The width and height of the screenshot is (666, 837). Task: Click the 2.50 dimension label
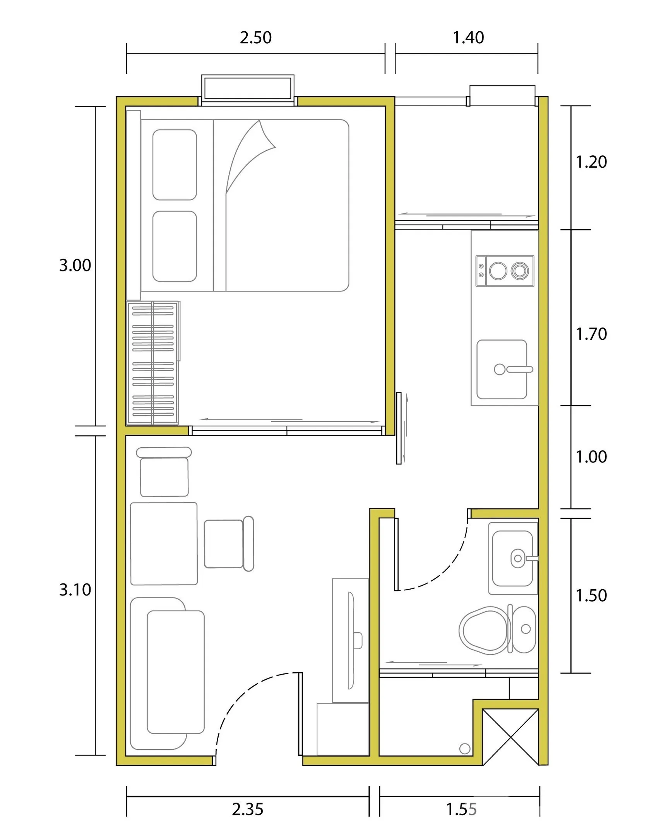click(x=255, y=38)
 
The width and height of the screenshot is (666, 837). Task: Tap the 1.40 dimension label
click(x=468, y=38)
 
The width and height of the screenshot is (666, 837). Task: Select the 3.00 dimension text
click(x=75, y=265)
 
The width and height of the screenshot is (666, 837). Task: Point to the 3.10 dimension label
click(x=75, y=590)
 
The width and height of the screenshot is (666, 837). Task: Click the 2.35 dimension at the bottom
click(x=248, y=810)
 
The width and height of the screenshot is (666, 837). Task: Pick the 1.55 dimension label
click(x=461, y=810)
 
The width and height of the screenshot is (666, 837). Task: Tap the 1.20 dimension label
click(x=591, y=162)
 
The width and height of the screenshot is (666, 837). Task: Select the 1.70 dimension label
click(x=591, y=334)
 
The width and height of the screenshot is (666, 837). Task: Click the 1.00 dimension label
click(x=591, y=457)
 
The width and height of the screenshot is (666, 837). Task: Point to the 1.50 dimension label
click(x=591, y=595)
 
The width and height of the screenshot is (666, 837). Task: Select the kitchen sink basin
click(x=502, y=369)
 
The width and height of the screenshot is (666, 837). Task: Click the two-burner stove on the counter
click(x=505, y=271)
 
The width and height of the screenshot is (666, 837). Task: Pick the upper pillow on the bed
click(x=175, y=165)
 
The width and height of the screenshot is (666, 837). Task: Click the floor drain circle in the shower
click(x=465, y=748)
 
